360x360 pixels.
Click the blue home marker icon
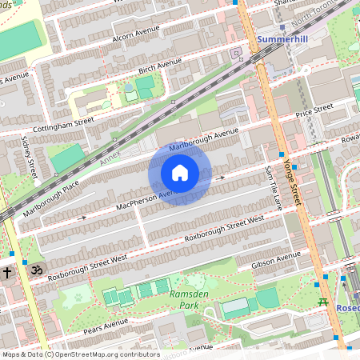pos(180,173)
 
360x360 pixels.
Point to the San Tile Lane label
pos(272,188)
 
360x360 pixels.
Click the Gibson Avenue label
pos(276,261)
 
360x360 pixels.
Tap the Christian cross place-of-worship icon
pos(7,273)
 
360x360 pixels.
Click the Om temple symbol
pos(34,272)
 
